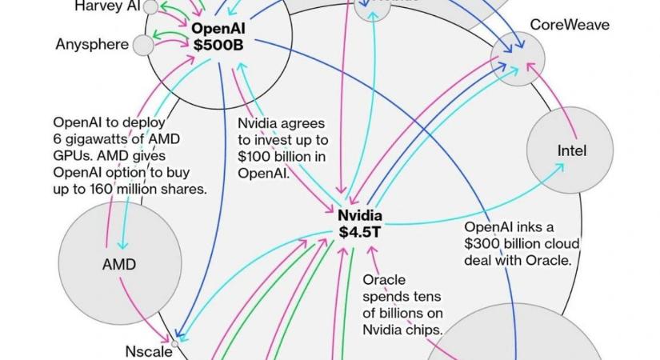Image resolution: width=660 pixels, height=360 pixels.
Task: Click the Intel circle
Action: click(x=569, y=150)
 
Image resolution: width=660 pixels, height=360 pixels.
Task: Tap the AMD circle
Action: click(x=118, y=264)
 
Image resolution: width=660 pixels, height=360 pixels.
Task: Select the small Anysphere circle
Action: click(x=142, y=45)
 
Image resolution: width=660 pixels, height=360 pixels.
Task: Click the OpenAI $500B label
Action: click(x=218, y=36)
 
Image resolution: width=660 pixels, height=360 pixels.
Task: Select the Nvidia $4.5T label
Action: click(x=359, y=223)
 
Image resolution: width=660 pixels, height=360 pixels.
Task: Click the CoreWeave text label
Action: click(x=570, y=25)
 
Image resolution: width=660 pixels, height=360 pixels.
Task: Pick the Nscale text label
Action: click(x=148, y=350)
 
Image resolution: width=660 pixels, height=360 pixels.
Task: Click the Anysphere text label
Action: click(x=92, y=45)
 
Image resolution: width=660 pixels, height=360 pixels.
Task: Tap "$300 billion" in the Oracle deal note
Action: click(x=506, y=244)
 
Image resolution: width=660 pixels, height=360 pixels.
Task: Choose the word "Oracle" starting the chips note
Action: click(x=384, y=280)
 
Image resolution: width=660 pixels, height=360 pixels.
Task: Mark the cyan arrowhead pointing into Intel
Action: click(x=562, y=166)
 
